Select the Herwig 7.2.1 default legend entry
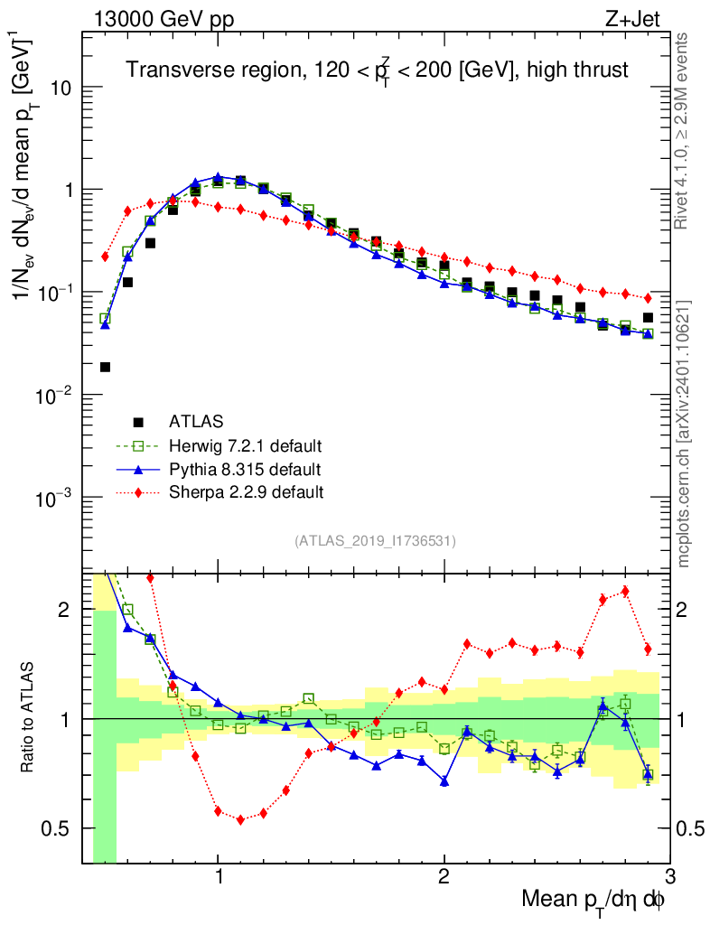(x=245, y=446)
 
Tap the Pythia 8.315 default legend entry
(x=245, y=470)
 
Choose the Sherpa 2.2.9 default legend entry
(x=247, y=493)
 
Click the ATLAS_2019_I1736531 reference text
(x=375, y=541)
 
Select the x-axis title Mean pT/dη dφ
(x=594, y=899)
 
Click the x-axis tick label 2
(x=444, y=876)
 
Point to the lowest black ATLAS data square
(x=105, y=367)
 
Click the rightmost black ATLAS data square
(x=648, y=318)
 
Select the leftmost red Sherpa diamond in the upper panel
(x=105, y=257)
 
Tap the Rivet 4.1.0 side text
(x=684, y=126)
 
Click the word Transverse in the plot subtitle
(x=169, y=70)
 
